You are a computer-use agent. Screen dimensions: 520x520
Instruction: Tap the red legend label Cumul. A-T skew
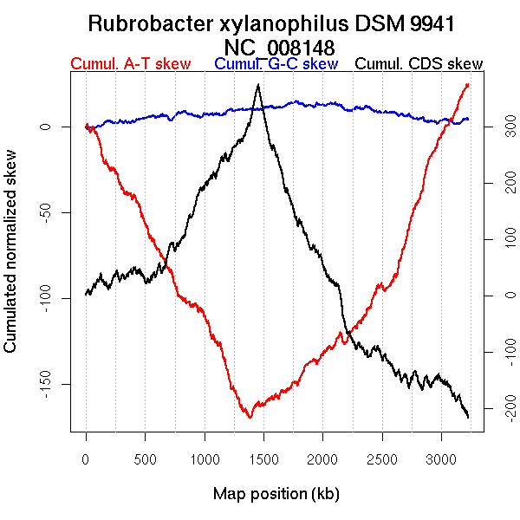[130, 64]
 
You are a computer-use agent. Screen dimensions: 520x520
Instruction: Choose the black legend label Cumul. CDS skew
[419, 64]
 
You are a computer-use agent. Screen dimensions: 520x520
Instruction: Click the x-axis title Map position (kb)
[276, 494]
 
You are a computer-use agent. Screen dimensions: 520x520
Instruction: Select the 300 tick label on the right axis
[500, 127]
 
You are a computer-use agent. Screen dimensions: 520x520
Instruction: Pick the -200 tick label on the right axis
[500, 407]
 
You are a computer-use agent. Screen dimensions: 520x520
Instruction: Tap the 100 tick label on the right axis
[500, 239]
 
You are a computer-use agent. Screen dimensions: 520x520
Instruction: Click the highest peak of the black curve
[257, 85]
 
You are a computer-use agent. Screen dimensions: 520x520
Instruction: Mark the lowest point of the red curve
[250, 417]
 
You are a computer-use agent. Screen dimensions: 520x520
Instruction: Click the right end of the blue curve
[468, 119]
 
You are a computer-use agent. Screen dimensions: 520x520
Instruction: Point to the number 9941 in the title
[425, 24]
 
